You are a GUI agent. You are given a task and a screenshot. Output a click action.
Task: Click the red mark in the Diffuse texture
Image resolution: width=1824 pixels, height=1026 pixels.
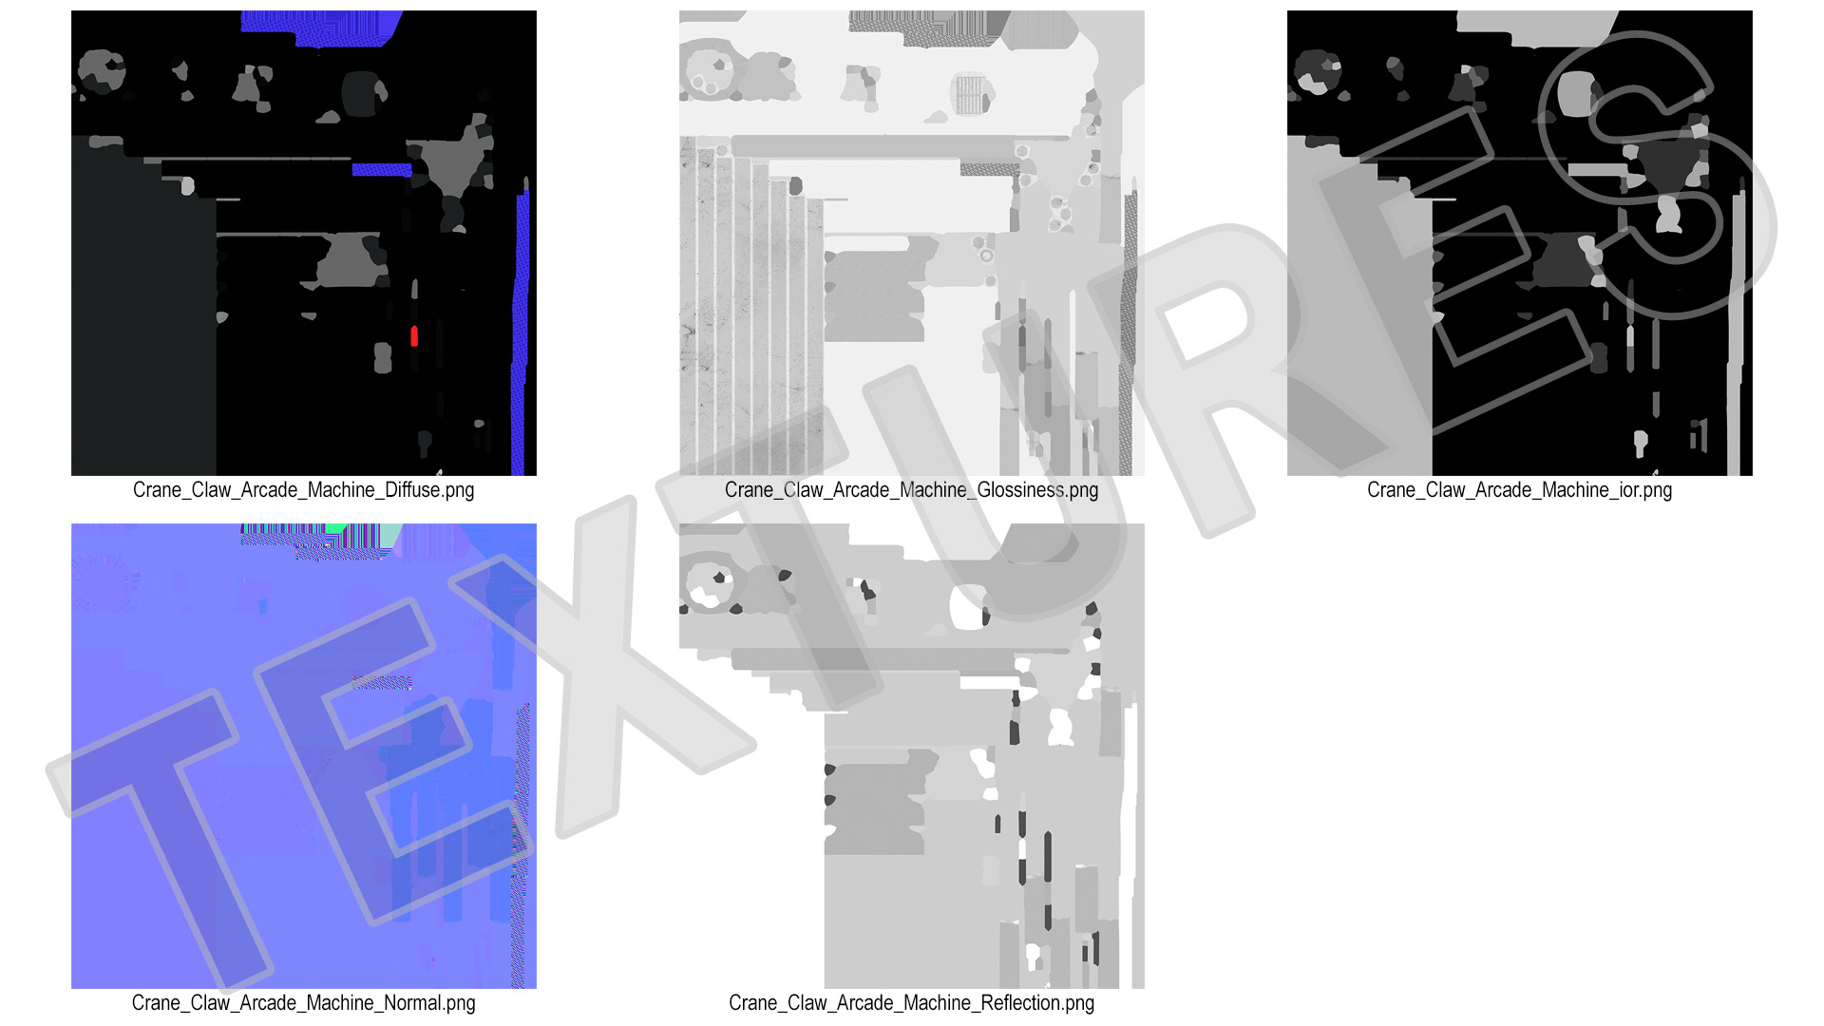(x=414, y=335)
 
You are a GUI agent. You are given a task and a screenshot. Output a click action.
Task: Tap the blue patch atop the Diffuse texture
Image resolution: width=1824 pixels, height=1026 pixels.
(x=318, y=28)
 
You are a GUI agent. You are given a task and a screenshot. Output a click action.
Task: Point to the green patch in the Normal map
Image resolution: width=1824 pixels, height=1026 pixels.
(x=337, y=529)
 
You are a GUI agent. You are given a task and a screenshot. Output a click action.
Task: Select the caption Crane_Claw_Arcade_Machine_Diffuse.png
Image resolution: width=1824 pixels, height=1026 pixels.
(x=304, y=490)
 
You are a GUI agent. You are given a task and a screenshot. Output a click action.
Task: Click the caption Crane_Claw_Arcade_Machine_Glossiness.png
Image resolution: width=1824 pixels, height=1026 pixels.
(x=912, y=490)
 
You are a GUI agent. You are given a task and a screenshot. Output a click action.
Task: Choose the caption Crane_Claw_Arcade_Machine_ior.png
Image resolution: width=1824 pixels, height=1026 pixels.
(x=1520, y=490)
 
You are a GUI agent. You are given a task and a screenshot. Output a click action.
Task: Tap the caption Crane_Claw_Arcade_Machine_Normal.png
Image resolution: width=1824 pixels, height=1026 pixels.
(x=304, y=1003)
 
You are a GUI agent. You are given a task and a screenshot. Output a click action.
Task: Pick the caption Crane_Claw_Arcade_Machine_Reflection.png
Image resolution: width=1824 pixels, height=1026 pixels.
(x=912, y=1003)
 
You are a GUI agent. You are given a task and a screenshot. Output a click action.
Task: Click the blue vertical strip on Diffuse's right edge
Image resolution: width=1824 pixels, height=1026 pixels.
(x=521, y=332)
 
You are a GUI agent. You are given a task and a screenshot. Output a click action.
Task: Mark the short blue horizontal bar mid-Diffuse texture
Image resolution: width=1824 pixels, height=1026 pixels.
(x=382, y=170)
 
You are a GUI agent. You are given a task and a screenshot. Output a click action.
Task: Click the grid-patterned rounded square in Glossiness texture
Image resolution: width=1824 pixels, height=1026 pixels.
(x=970, y=94)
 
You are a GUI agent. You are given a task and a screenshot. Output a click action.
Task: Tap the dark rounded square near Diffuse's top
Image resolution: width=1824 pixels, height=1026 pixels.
(x=361, y=94)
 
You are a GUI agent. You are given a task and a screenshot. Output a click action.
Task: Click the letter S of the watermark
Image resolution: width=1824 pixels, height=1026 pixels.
(x=1658, y=171)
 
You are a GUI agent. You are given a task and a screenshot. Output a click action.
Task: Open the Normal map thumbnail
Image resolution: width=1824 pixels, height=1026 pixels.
(x=304, y=756)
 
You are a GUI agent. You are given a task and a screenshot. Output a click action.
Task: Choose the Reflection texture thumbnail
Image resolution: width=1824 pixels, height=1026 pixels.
(x=912, y=756)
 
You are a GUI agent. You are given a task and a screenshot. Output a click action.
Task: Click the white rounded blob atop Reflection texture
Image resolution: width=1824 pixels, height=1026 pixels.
(x=969, y=607)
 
